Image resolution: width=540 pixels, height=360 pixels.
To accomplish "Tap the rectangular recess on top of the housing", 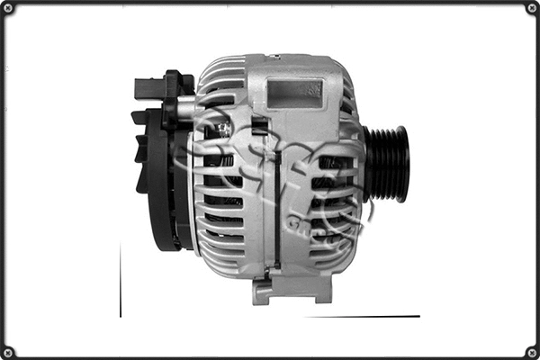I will (x=294, y=91).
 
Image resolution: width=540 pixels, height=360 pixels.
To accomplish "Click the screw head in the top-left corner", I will (x=8, y=8).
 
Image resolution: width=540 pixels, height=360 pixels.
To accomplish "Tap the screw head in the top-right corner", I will (x=531, y=8).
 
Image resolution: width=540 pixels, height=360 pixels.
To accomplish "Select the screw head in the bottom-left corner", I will (x=8, y=351).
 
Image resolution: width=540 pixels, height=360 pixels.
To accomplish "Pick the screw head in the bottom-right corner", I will (x=531, y=351).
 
